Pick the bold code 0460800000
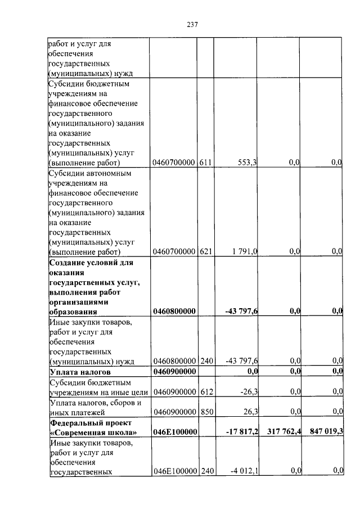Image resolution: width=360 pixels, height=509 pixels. [x=174, y=311]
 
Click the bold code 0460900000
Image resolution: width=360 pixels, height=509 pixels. [x=174, y=372]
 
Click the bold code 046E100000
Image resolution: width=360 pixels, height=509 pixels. [x=174, y=432]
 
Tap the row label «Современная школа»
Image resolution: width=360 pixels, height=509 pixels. [x=93, y=432]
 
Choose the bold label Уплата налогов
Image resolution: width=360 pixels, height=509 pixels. [x=80, y=372]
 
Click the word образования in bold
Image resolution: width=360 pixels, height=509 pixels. [x=73, y=311]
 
